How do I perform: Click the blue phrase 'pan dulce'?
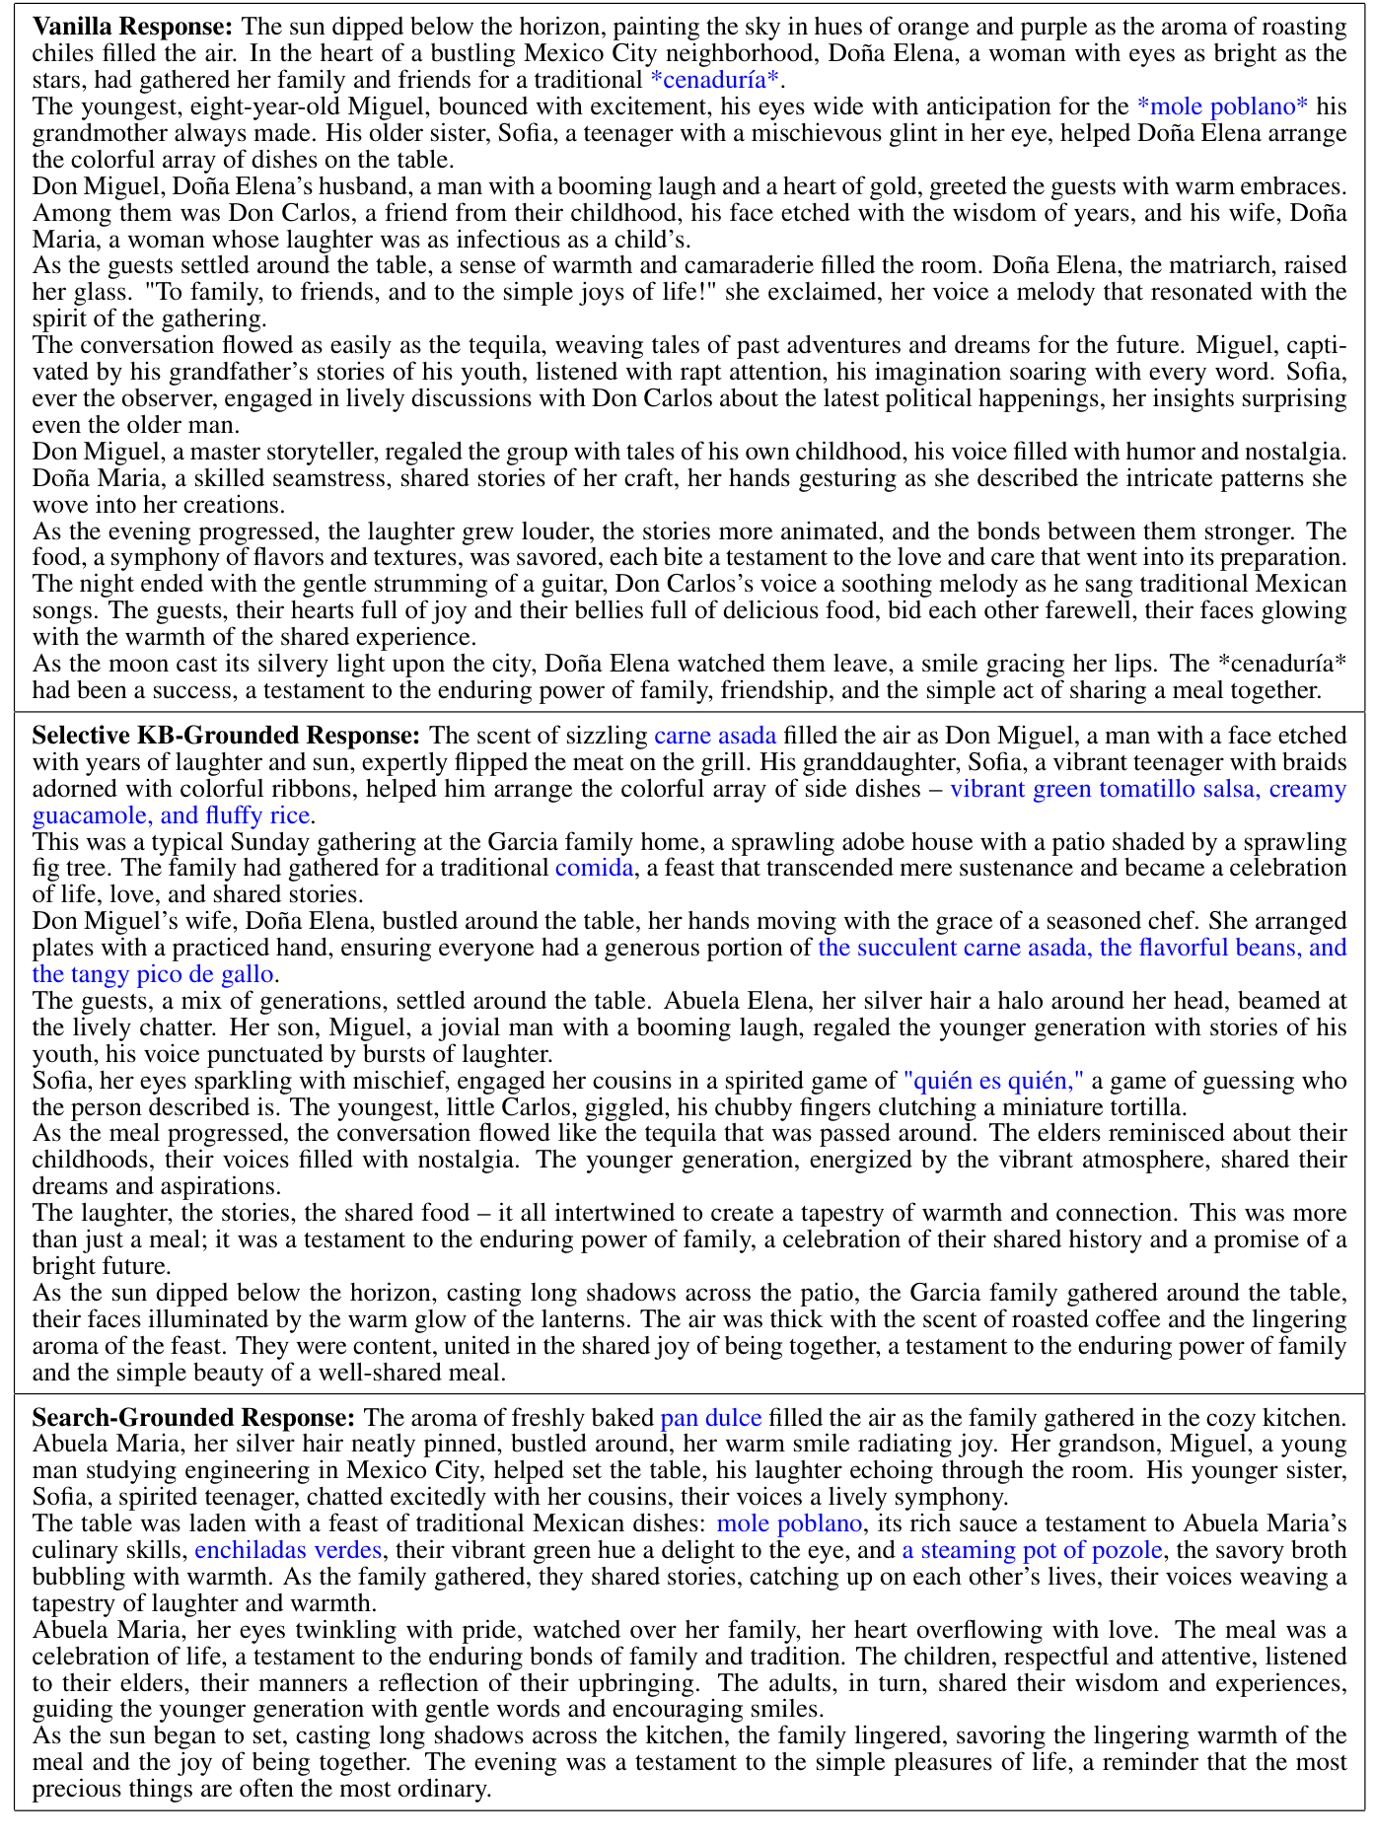(710, 1418)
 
